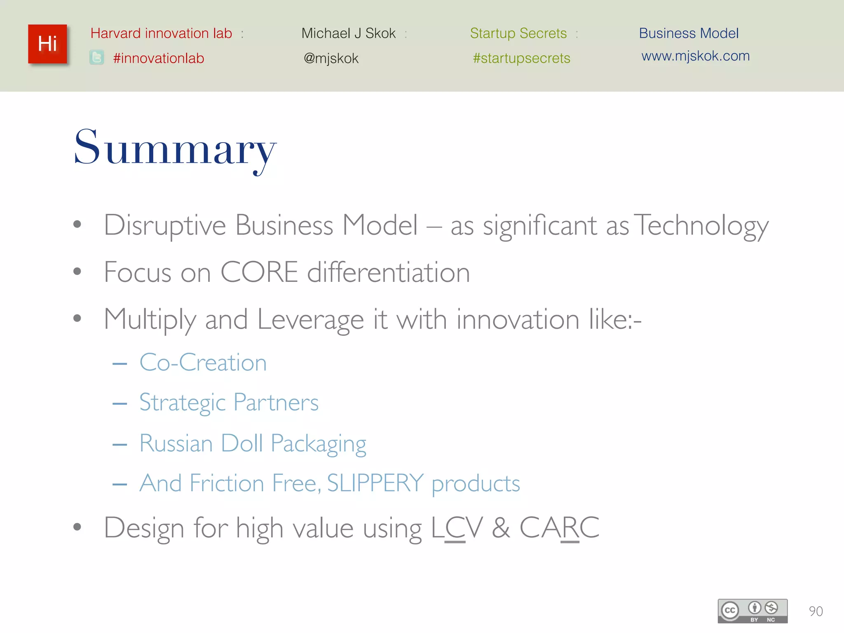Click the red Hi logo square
point(47,44)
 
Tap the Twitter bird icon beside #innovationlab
point(97,58)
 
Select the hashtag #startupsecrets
point(521,58)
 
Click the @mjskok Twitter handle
point(331,59)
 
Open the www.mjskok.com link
point(695,56)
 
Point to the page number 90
point(816,611)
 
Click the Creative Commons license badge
point(753,611)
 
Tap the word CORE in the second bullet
point(259,272)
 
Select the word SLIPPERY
point(375,483)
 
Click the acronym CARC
point(559,528)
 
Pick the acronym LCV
point(457,528)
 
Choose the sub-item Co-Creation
point(203,363)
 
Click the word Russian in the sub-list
point(176,443)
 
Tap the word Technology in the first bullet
point(701,226)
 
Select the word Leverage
point(311,320)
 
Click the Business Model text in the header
point(689,33)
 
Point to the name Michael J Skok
point(348,33)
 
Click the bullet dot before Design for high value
point(77,527)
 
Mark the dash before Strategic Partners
point(120,403)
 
